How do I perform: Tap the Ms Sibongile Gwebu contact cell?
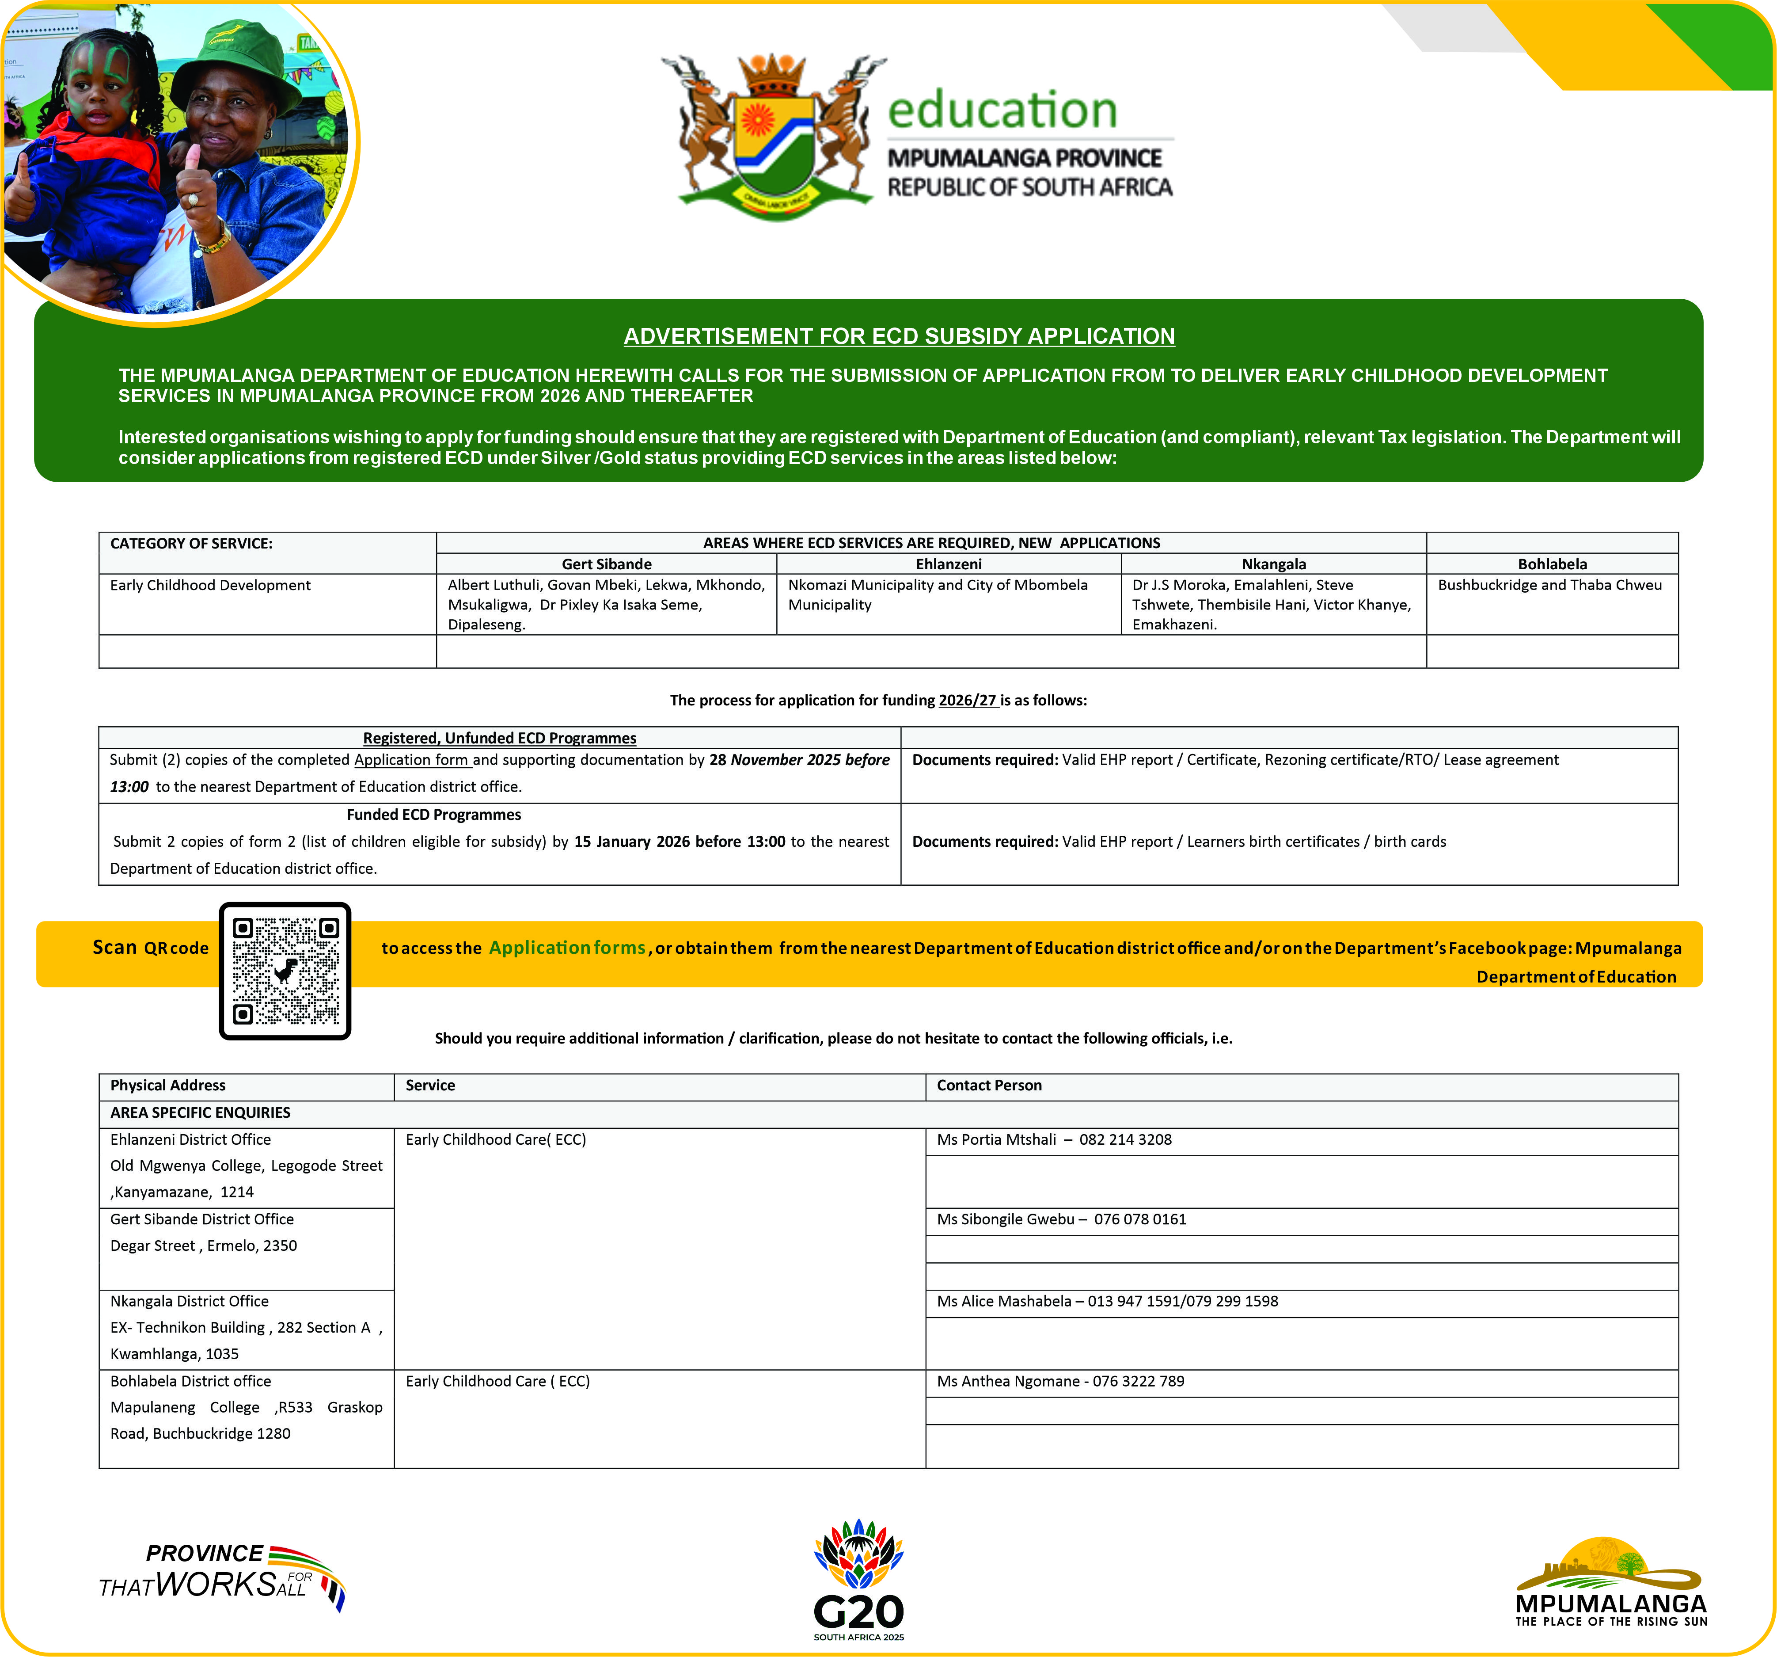pos(1061,1219)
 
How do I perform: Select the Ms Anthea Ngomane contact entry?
pos(1060,1381)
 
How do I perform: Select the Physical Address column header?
pos(168,1085)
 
